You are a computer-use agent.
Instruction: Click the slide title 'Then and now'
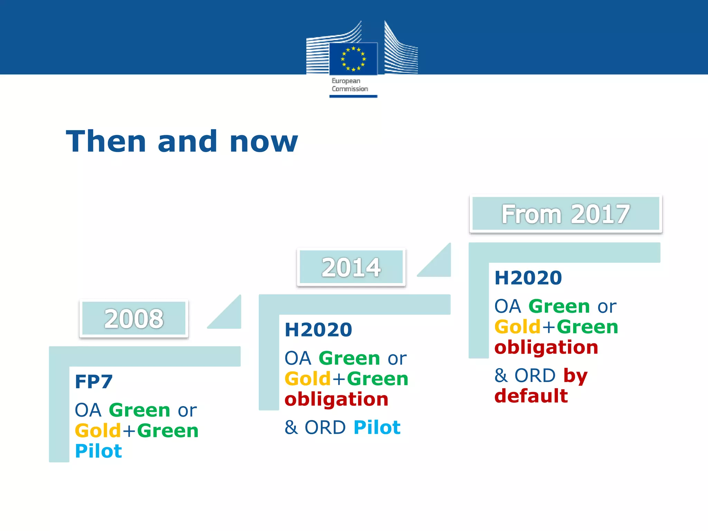(x=182, y=141)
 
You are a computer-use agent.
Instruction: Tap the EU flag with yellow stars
(x=353, y=59)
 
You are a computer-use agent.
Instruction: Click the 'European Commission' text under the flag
(x=350, y=85)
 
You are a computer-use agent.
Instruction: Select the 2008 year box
(x=134, y=318)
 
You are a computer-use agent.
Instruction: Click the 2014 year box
(x=351, y=267)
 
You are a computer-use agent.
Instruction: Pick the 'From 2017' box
(x=566, y=214)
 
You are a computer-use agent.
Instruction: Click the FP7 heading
(x=94, y=382)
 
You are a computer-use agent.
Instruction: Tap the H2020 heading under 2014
(x=318, y=329)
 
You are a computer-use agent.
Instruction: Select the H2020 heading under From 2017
(x=528, y=278)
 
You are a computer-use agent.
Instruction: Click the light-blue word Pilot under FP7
(x=99, y=451)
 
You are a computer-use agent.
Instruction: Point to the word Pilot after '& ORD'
(x=377, y=427)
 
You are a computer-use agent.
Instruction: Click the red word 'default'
(x=531, y=396)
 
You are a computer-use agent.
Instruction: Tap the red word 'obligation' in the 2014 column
(x=336, y=400)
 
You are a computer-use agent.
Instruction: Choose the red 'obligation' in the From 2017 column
(x=546, y=347)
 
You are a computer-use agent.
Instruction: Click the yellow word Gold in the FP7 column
(x=98, y=431)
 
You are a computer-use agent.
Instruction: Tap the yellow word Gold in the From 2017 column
(x=517, y=327)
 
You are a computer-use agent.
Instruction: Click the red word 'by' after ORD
(x=575, y=376)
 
